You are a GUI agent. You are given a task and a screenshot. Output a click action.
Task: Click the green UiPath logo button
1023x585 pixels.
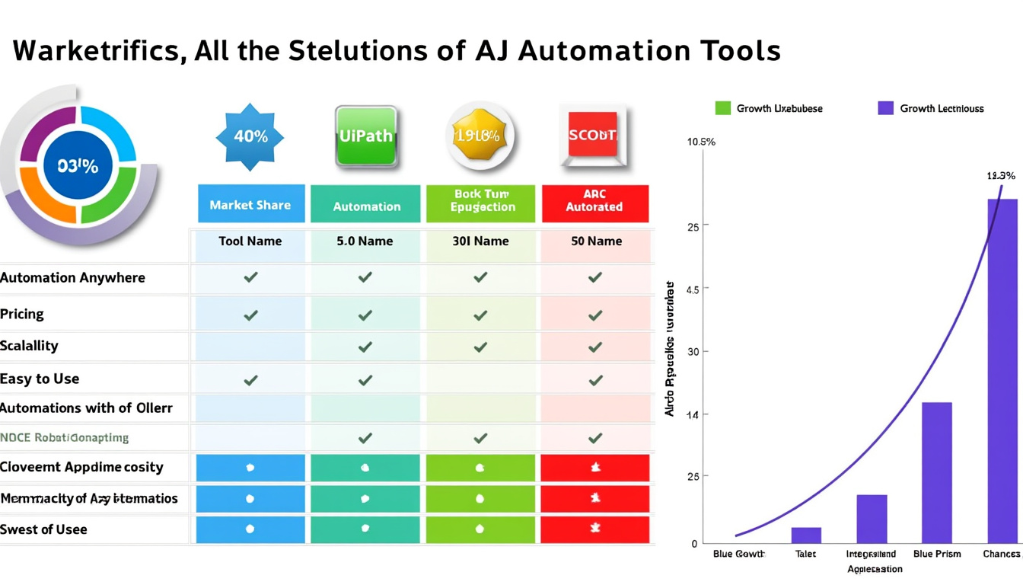(x=366, y=136)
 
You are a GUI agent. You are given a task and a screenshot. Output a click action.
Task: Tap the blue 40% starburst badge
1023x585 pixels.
(x=250, y=137)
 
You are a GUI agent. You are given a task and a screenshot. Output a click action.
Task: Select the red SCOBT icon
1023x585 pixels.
(x=592, y=136)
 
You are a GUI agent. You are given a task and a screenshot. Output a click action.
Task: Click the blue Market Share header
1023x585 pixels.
(x=250, y=204)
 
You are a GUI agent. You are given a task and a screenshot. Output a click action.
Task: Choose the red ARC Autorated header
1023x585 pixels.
(x=594, y=201)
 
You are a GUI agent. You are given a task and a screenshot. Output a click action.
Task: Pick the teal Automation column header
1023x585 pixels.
(x=366, y=206)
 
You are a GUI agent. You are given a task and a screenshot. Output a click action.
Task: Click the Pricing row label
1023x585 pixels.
(x=22, y=314)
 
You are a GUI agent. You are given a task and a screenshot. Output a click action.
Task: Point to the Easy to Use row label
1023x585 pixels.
(x=40, y=379)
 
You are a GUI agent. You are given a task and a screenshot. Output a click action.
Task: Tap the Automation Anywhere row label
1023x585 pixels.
(x=72, y=278)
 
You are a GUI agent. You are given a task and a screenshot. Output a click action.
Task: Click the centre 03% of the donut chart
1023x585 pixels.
(x=78, y=166)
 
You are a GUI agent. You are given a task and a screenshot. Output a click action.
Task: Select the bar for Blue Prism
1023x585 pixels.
(x=936, y=472)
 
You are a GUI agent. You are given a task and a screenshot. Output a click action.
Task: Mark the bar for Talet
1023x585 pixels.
(x=806, y=534)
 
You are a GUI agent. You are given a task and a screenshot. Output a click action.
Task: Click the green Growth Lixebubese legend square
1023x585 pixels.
(x=722, y=108)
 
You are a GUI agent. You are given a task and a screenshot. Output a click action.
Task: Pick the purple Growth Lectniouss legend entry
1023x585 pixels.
(x=885, y=108)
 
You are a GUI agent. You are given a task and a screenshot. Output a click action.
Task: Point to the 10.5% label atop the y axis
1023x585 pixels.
(x=701, y=142)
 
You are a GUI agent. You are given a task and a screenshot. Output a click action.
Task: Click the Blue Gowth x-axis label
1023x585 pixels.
(x=738, y=554)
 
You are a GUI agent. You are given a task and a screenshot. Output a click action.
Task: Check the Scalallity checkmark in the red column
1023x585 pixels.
(x=595, y=347)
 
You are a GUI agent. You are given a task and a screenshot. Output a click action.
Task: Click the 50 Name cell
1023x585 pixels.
(x=596, y=241)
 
